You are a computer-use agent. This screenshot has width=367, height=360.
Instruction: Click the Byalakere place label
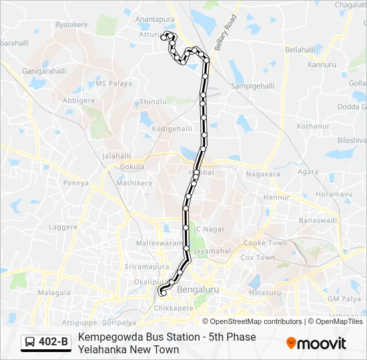coord(72,24)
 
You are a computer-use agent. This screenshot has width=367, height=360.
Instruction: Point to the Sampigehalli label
coord(252,86)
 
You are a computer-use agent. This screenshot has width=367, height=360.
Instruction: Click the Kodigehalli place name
coord(172,129)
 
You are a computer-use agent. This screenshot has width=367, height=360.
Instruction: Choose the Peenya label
coord(76,182)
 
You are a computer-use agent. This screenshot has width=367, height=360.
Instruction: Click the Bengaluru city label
coord(198,290)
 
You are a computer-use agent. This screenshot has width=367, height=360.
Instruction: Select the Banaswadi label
coord(317,219)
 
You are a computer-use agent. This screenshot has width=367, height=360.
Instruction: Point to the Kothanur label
coord(313,125)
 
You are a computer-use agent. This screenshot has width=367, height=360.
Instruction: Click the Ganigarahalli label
coord(44,71)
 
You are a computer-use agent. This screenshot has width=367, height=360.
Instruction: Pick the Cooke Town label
coord(265,243)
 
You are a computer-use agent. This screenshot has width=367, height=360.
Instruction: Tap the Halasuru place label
coord(265,293)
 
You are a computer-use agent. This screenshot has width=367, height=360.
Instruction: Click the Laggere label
coord(63,227)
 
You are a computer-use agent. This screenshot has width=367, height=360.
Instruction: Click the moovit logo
coord(316,343)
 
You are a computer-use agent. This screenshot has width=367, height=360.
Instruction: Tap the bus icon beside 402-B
coord(31,343)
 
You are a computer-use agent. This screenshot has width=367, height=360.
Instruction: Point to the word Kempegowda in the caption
coord(108,337)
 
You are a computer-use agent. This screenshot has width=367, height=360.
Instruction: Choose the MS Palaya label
coord(110,83)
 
